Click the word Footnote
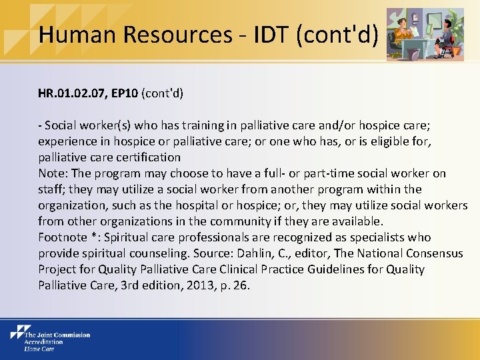tap(63, 237)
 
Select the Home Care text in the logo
tap(39, 348)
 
